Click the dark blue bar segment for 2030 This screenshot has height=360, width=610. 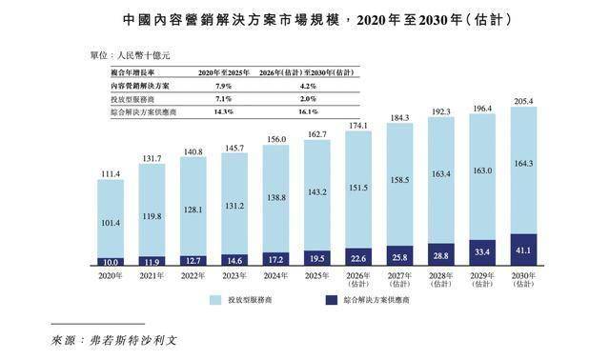coord(523,250)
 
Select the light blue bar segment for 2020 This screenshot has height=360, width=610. coord(111,219)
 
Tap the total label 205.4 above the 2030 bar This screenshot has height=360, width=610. coord(523,102)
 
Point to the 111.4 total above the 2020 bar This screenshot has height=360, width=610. coord(111,174)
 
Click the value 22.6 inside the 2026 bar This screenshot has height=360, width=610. coord(358,258)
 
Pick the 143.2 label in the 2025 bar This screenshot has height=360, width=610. coord(317,192)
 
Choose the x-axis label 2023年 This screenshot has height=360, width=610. coord(234,276)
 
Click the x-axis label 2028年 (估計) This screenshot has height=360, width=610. coord(440,280)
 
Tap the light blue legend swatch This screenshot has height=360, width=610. coord(215,300)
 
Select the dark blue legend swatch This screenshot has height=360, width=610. coord(332,300)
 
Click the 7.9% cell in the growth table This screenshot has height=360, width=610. coord(223,86)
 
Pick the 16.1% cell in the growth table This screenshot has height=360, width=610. coord(309,112)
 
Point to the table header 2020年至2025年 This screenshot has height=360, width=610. coord(224,72)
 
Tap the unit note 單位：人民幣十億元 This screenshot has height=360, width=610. coord(131,55)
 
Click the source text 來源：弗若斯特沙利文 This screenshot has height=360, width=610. coord(114,341)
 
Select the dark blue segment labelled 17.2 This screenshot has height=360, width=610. coord(275,259)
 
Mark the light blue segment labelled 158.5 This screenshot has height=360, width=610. coord(399,185)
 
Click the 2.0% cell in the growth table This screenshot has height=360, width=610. coord(308,99)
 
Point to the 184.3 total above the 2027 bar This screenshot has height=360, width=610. coord(399,118)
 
